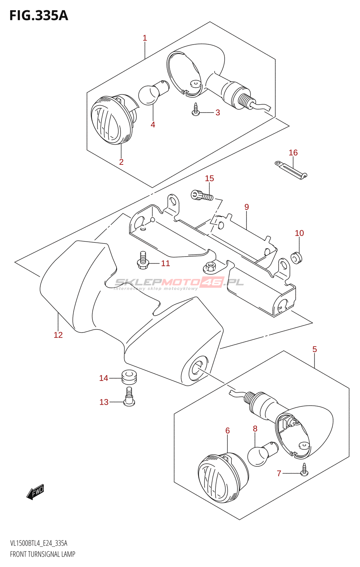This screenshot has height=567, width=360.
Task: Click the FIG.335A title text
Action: click(x=39, y=16)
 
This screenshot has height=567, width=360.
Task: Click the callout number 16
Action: click(x=293, y=153)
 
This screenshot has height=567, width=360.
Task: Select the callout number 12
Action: click(x=58, y=335)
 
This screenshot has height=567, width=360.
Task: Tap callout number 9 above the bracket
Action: click(x=247, y=207)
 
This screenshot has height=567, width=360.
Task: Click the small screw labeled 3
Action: click(x=195, y=110)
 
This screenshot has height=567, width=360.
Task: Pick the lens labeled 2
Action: click(x=111, y=120)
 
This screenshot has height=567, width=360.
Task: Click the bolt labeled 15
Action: click(x=201, y=195)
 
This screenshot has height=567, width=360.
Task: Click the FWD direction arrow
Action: click(x=35, y=492)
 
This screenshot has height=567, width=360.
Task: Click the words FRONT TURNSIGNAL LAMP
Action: click(x=43, y=554)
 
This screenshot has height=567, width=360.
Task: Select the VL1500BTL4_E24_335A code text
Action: click(x=39, y=543)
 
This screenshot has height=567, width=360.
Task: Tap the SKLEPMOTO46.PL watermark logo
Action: click(x=179, y=283)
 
